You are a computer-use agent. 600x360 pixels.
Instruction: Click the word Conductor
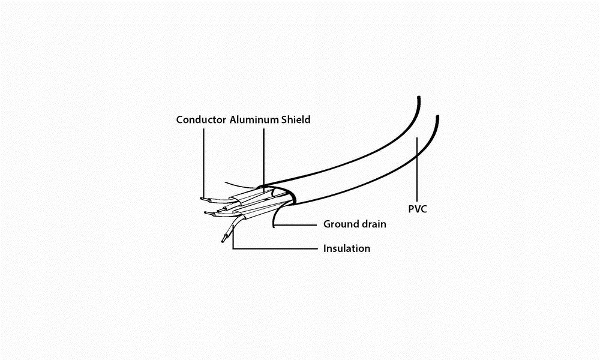tap(201, 120)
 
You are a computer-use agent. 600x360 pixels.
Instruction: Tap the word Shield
tap(296, 120)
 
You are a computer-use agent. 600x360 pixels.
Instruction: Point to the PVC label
tap(418, 209)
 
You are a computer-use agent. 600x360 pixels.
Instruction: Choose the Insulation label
tap(347, 248)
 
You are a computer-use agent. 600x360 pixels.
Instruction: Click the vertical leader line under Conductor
tap(203, 163)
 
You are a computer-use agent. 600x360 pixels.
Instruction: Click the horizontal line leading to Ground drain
tap(296, 225)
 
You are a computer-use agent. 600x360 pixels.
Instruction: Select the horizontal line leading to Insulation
tap(275, 248)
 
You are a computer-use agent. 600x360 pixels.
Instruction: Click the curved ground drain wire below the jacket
tap(275, 214)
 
